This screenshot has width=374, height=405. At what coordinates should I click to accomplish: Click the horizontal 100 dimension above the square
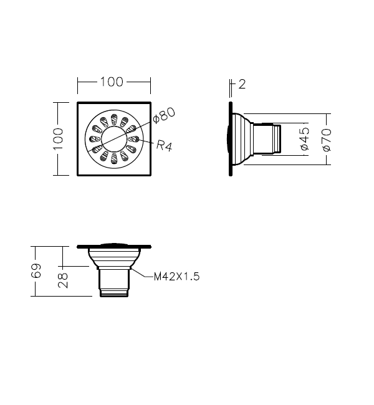click(x=112, y=82)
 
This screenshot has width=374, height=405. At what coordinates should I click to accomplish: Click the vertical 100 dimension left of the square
click(x=58, y=139)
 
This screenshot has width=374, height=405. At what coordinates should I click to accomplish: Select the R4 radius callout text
click(x=164, y=145)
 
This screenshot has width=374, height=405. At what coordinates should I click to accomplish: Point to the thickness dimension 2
click(x=242, y=85)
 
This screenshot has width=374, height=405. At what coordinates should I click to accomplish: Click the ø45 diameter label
click(x=305, y=139)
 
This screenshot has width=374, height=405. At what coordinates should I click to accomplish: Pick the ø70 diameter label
click(x=327, y=140)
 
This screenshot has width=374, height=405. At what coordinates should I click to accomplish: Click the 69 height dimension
click(x=36, y=270)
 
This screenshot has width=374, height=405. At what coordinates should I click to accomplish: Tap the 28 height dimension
click(x=63, y=280)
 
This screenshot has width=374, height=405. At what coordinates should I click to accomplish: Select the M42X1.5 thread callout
click(x=177, y=277)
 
